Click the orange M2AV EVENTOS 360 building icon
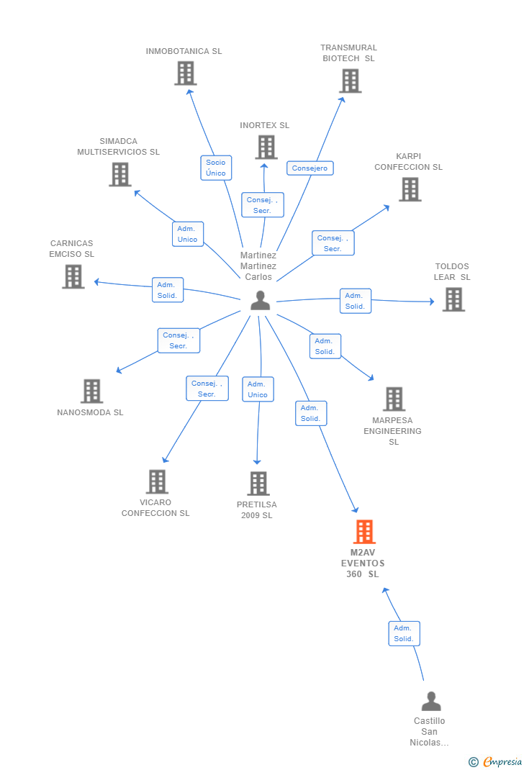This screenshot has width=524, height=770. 365,531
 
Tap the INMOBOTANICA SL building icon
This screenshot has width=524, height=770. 186,73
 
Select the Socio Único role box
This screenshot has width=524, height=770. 216,168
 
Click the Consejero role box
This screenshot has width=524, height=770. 310,168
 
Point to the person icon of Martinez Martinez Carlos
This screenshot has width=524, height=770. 261,300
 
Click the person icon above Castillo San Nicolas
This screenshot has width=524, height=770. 431,701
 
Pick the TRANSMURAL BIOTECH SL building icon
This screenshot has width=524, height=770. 351,81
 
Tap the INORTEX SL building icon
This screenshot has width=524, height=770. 266,147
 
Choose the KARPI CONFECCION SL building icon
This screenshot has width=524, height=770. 410,189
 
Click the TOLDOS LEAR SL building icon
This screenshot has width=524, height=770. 453,299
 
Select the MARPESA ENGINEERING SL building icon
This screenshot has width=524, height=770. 394,399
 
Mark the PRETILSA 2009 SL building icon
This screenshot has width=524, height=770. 258,483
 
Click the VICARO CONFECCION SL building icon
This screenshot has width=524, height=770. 157,481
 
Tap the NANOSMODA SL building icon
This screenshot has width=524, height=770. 92,391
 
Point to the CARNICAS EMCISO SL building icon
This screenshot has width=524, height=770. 73,276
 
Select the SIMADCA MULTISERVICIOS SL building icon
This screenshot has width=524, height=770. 120,174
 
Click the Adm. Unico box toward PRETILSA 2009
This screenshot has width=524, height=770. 258,389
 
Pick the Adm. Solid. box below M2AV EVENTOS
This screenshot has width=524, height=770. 405,633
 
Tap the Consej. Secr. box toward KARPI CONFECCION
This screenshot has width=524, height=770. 333,243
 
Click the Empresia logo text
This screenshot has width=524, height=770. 502,761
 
